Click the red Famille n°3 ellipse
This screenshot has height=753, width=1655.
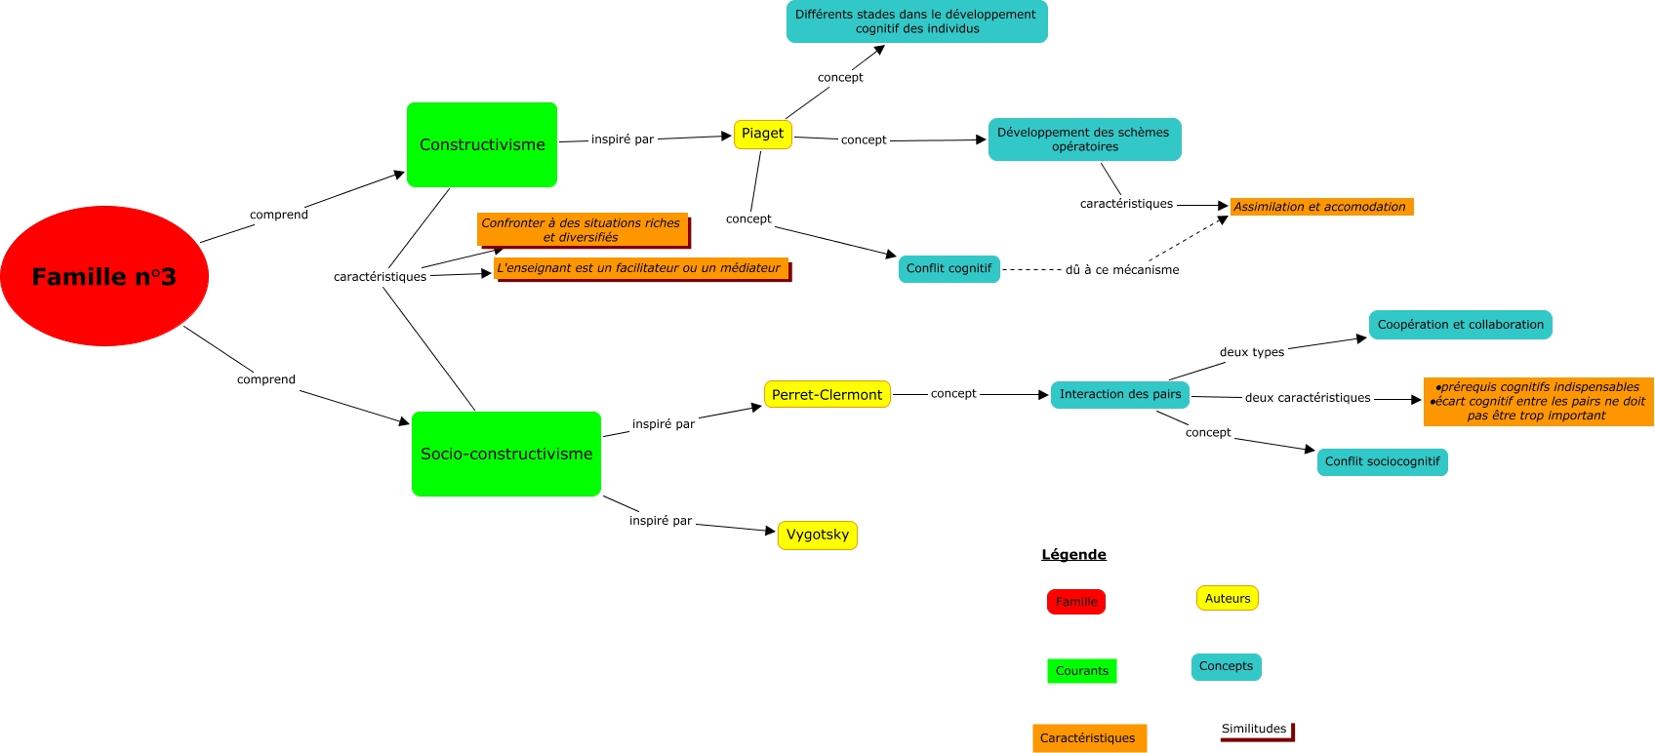(x=104, y=276)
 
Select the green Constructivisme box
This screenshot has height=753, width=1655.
(x=482, y=144)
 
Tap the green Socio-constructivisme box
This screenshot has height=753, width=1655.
(x=506, y=454)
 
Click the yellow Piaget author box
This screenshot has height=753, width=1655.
(x=762, y=135)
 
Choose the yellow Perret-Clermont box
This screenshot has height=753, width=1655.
(x=827, y=394)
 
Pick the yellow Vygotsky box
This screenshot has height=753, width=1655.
(x=817, y=535)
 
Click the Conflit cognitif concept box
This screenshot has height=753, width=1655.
(x=949, y=268)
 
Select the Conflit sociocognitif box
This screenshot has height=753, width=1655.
(x=1382, y=462)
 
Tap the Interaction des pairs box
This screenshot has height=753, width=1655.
(x=1120, y=395)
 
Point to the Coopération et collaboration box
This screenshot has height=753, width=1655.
(x=1460, y=325)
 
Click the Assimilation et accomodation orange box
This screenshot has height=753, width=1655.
(x=1321, y=207)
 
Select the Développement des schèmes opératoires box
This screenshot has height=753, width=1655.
(x=1084, y=139)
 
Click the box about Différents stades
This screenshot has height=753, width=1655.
(x=917, y=21)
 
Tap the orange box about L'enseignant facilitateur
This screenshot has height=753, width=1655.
(x=641, y=268)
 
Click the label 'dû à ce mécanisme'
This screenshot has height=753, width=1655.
(x=1121, y=270)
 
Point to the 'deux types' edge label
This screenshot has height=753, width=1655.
(x=1252, y=352)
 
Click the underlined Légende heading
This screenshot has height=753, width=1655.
(x=1073, y=554)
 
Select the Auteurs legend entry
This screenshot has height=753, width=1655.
(x=1228, y=598)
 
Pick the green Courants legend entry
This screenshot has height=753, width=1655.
(x=1081, y=671)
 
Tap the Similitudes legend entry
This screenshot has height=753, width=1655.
(x=1256, y=731)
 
